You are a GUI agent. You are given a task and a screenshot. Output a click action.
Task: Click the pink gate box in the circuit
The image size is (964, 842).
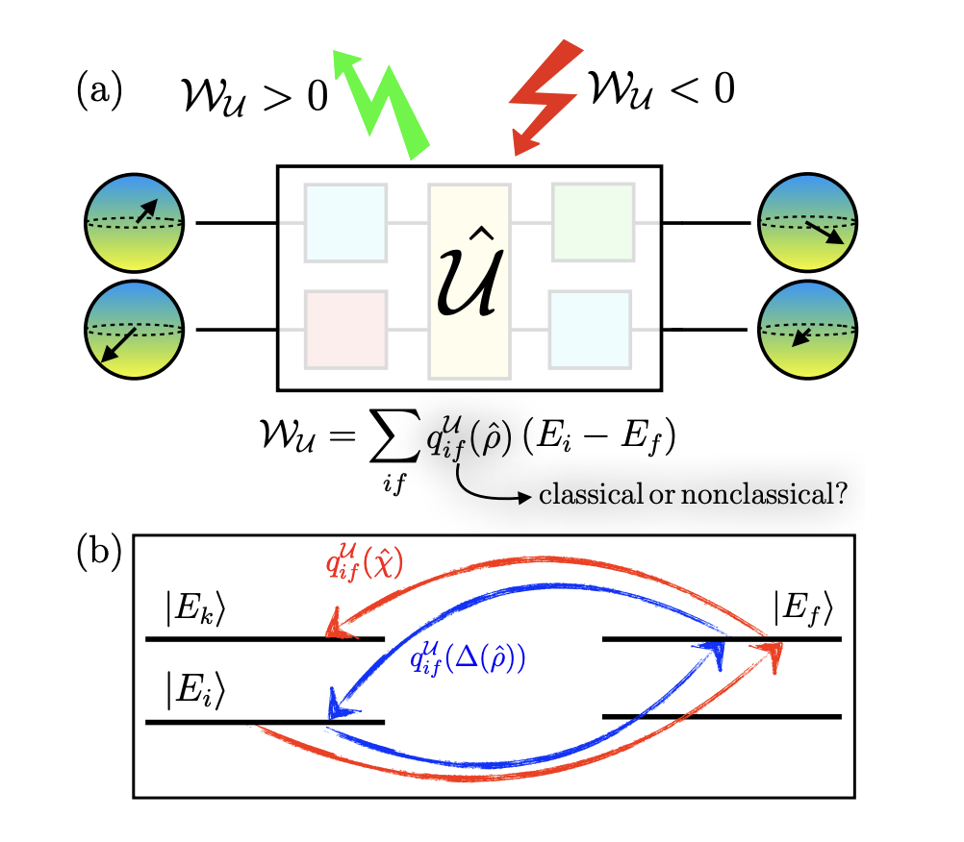click(345, 330)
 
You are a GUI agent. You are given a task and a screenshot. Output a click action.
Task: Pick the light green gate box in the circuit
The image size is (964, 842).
click(593, 221)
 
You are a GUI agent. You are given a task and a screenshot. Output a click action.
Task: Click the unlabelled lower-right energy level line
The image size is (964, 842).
click(722, 716)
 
